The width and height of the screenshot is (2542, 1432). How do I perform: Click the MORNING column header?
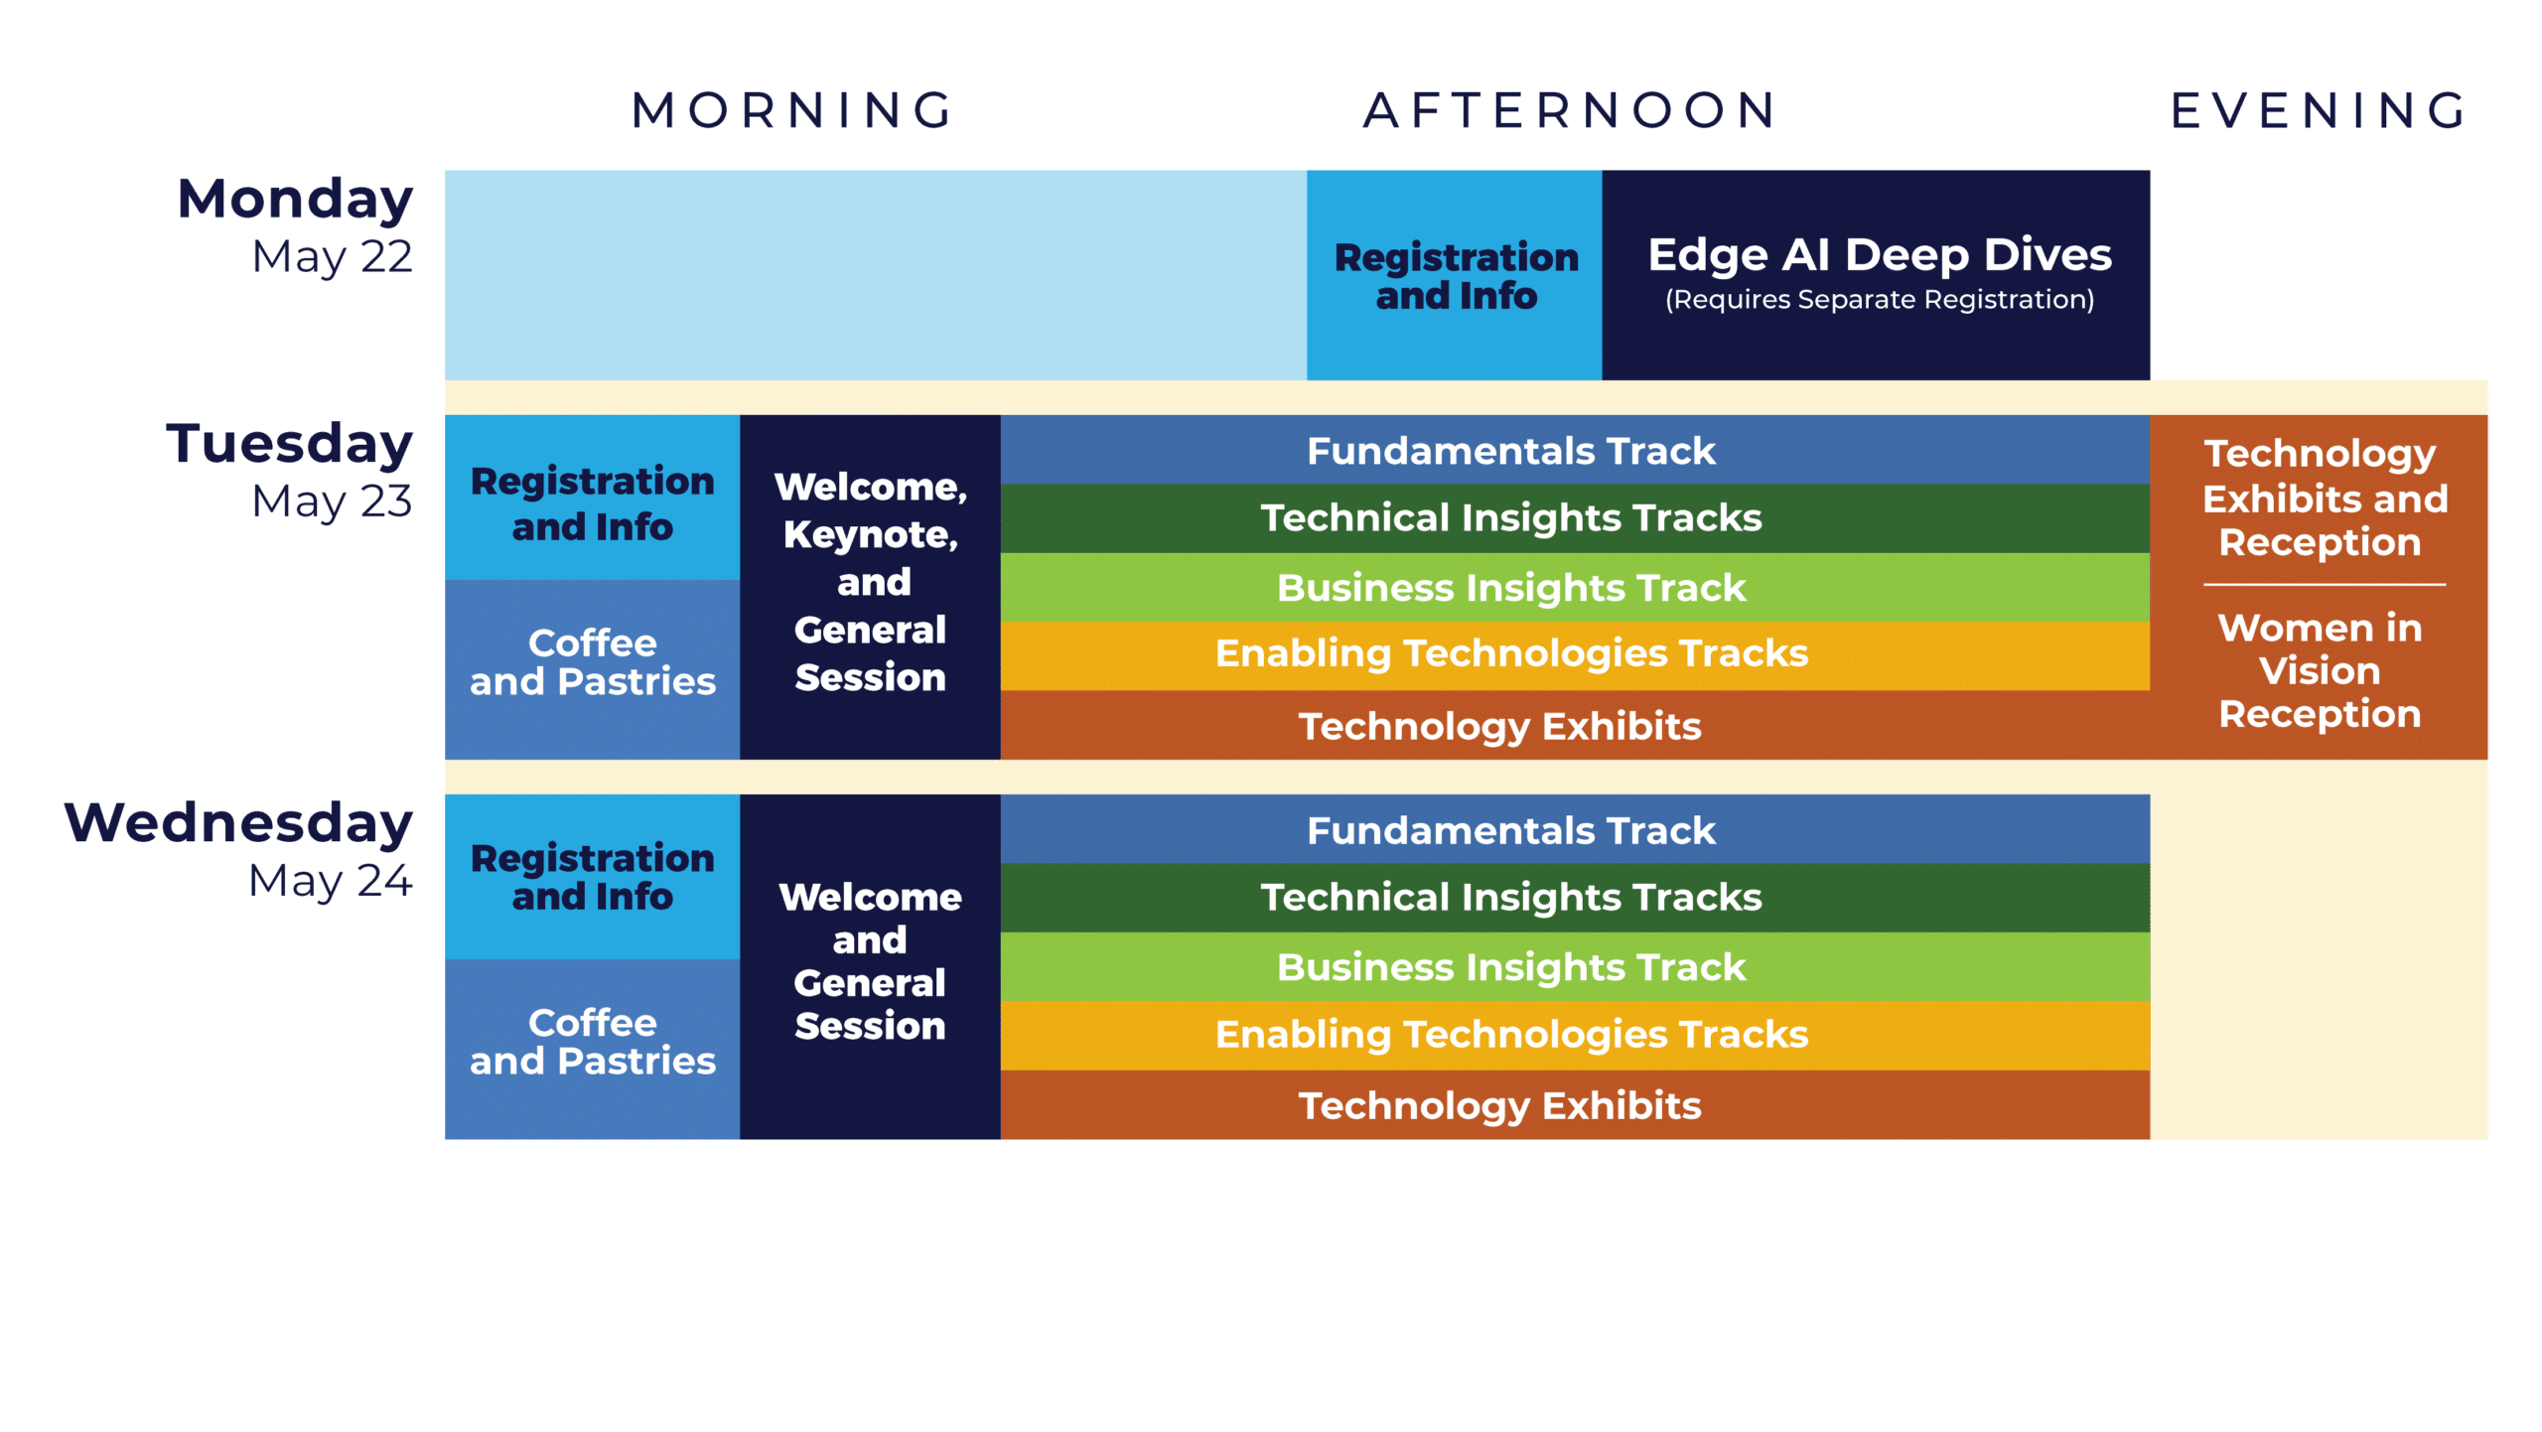[x=792, y=110]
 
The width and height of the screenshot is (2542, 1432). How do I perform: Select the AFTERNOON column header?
[x=1570, y=110]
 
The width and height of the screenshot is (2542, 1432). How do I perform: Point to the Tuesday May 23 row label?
[x=290, y=470]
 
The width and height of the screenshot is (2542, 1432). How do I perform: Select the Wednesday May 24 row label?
[x=239, y=850]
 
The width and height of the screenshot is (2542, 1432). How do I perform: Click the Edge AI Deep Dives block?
[x=1879, y=256]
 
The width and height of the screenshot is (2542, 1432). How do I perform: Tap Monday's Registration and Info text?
[x=1456, y=276]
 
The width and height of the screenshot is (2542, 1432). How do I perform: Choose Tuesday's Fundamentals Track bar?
[x=1510, y=451]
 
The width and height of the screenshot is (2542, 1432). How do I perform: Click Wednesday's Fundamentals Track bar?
[x=1510, y=830]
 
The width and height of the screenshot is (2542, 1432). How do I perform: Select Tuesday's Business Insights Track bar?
[x=1510, y=588]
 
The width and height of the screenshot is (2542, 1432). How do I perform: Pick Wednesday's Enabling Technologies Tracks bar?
[x=1510, y=1035]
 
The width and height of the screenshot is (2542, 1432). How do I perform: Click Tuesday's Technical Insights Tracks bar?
[x=1510, y=518]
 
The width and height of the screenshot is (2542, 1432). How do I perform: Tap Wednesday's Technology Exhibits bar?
[x=1499, y=1105]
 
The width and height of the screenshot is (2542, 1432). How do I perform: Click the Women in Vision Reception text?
[x=2320, y=671]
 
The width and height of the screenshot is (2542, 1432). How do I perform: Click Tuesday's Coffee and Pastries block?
[x=592, y=662]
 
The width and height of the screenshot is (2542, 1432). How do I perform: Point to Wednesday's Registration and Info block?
[x=592, y=877]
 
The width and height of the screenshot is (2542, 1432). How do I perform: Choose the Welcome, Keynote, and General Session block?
[x=870, y=582]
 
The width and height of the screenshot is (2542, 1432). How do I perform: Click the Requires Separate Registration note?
[x=1879, y=300]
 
